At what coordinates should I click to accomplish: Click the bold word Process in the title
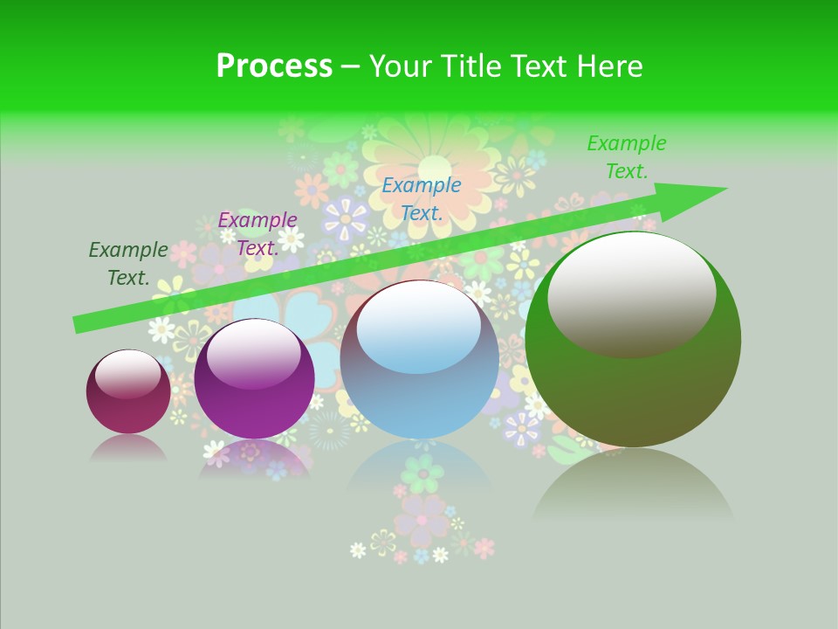tap(274, 66)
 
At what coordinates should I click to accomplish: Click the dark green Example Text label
tap(128, 264)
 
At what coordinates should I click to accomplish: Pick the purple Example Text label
tap(258, 234)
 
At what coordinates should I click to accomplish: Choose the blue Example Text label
tap(422, 198)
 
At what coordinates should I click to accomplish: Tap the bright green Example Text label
tap(627, 157)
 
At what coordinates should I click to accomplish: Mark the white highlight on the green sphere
tap(631, 293)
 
